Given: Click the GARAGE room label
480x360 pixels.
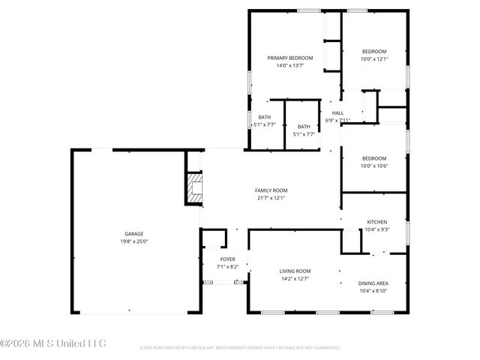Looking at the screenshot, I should tap(134, 234).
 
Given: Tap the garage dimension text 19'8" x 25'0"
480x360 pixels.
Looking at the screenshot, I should tap(134, 241).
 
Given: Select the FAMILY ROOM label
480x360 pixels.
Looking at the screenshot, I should tap(271, 190).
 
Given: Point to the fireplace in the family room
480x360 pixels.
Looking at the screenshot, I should tap(194, 188).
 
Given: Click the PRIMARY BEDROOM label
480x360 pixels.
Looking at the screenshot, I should tap(290, 58).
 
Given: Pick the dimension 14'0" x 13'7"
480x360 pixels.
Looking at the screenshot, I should tap(290, 66).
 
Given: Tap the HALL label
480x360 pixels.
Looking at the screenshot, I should tap(338, 112).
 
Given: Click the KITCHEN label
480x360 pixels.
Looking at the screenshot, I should tap(376, 222).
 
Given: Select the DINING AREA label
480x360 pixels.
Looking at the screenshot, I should tap(373, 283).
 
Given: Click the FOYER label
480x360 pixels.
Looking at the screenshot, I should tap(227, 259).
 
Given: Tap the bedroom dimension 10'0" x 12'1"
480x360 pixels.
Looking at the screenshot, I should tap(373, 58).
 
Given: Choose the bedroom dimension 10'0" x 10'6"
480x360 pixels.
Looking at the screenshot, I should tap(373, 166).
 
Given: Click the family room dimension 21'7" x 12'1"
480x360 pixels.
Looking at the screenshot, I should tap(271, 198).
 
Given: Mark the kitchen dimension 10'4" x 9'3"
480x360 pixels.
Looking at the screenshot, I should tap(376, 229).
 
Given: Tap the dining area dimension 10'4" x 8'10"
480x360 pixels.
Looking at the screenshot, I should tap(373, 291).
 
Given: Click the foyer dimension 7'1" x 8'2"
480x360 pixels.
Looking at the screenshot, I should tap(227, 266).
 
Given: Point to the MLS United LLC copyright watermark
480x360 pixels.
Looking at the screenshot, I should tap(54, 343).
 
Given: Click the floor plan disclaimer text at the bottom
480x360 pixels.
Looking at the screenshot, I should tap(240, 348).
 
